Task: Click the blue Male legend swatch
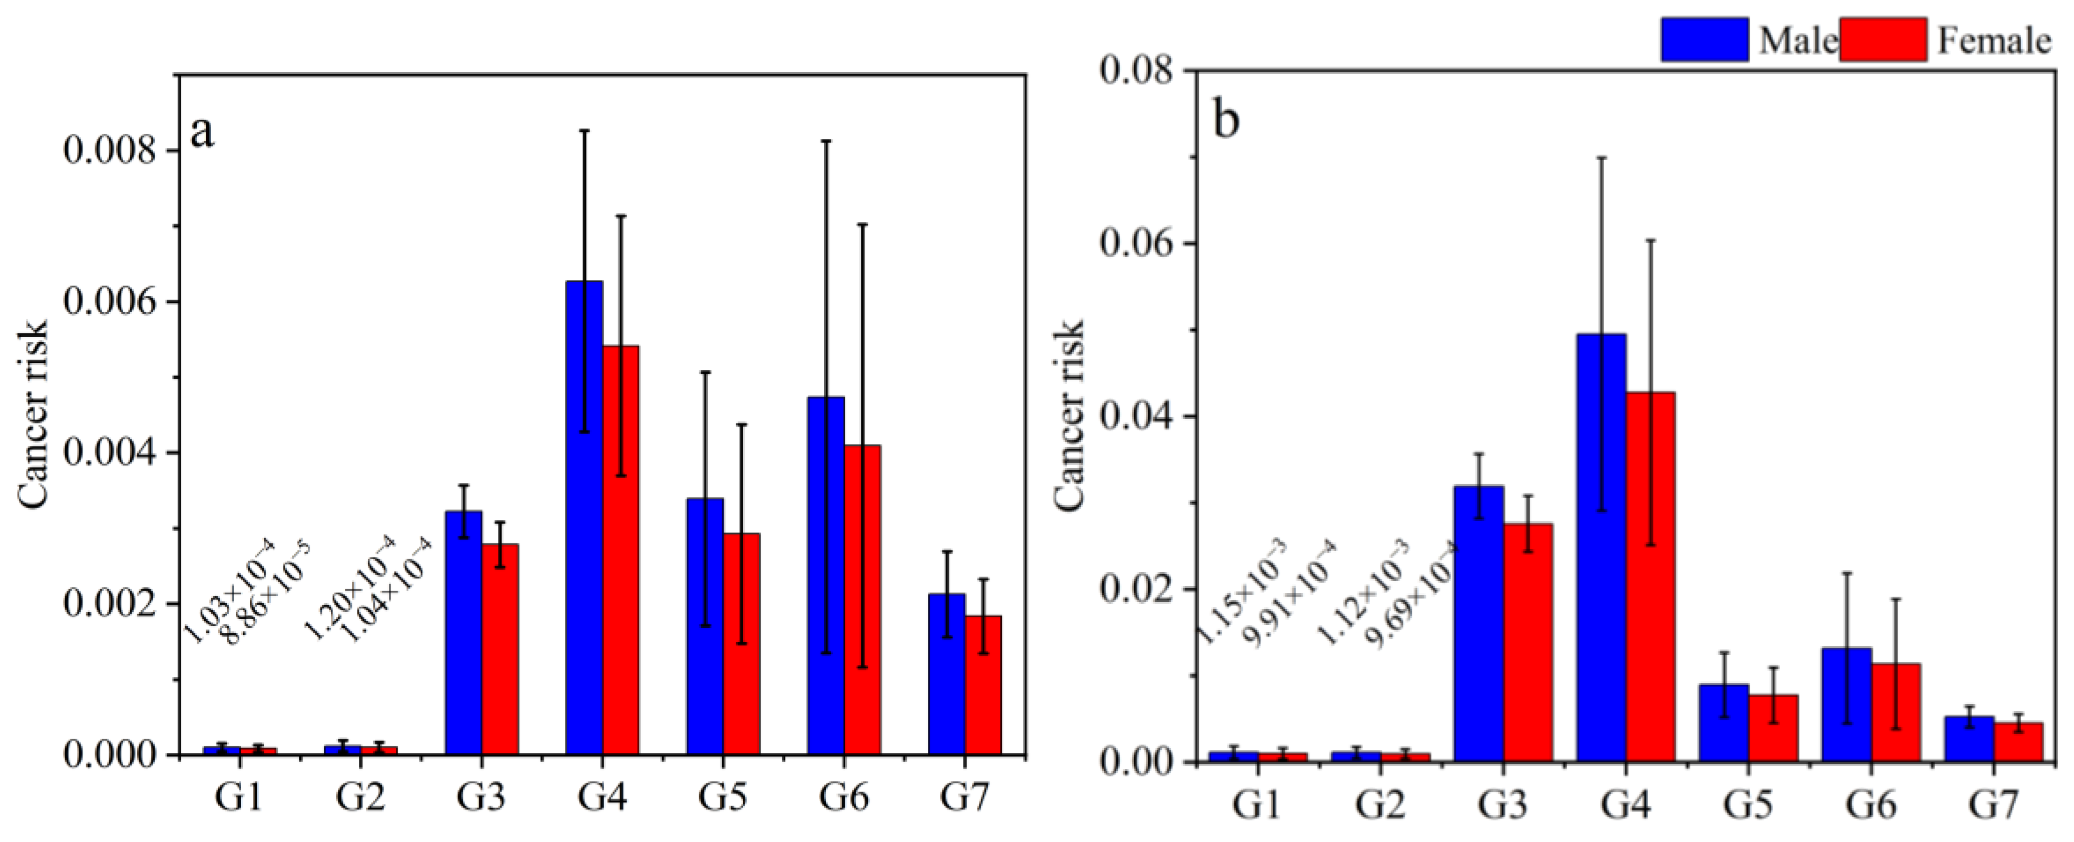pos(1704,39)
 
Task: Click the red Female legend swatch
pos(1883,39)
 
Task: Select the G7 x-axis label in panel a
pos(964,797)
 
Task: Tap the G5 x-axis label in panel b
pos(1747,804)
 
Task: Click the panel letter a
pos(202,131)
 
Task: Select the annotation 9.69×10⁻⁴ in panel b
pos(1413,594)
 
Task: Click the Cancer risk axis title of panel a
pos(34,415)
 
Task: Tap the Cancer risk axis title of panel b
pos(1069,415)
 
